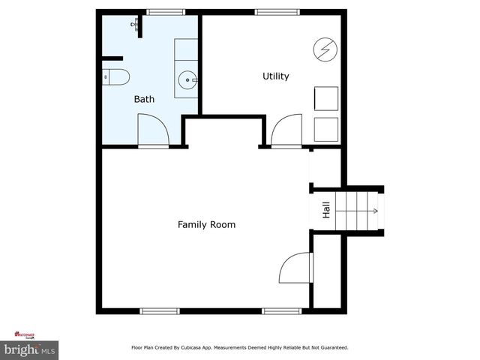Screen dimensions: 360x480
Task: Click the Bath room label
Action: point(144,99)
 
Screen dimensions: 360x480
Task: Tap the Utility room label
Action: point(275,76)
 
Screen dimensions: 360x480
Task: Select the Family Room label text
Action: point(206,224)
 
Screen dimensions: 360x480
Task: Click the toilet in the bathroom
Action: point(116,76)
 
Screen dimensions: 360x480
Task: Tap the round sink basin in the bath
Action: point(187,78)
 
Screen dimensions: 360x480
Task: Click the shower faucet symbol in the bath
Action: point(136,25)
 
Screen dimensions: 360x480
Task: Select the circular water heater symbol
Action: point(325,49)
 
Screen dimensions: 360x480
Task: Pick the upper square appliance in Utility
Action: point(325,99)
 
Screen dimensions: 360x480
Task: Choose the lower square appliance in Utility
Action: point(325,128)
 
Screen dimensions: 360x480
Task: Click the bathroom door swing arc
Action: point(154,129)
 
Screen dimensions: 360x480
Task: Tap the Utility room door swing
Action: point(286,130)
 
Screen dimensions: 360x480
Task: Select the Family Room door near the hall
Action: point(295,268)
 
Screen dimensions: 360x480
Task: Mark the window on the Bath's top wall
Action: point(165,12)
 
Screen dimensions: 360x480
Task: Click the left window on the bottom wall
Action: point(160,310)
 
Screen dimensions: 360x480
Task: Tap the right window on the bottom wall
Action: point(281,310)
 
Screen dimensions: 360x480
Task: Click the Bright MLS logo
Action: point(29,349)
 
